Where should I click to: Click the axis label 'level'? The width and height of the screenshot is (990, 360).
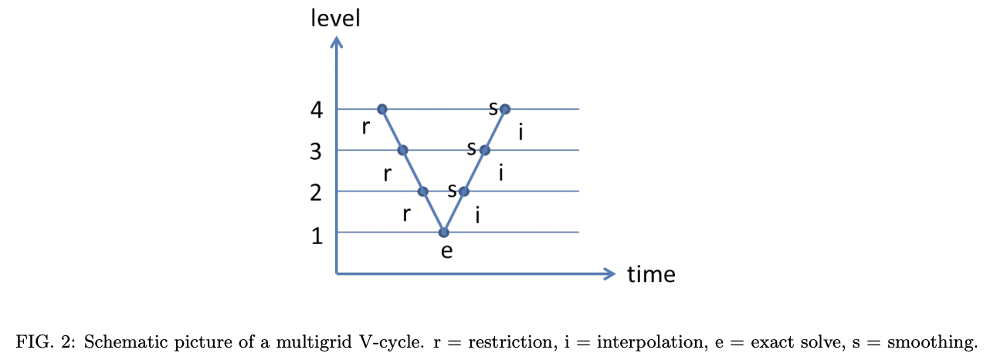[335, 18]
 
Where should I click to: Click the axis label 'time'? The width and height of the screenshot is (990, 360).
[651, 274]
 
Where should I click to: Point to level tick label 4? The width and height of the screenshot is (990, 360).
[317, 110]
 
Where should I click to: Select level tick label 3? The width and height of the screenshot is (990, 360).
[316, 151]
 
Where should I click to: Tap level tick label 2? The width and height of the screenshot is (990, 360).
[316, 192]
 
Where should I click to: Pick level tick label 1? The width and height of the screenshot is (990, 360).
[317, 235]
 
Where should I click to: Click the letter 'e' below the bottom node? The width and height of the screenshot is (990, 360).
[446, 251]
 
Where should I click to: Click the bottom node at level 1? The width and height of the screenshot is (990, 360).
[443, 232]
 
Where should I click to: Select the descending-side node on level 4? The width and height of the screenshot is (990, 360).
[381, 109]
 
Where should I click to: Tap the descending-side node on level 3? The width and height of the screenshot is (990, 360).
[402, 150]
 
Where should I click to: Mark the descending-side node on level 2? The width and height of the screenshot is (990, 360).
[422, 191]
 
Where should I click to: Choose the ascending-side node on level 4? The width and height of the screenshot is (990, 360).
[505, 109]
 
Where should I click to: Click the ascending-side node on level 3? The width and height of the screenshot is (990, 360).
[484, 150]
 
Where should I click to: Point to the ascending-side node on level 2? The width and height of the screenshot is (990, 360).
[463, 191]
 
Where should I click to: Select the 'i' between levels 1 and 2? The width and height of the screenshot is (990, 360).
[479, 215]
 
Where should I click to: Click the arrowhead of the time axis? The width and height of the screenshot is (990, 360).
[610, 273]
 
